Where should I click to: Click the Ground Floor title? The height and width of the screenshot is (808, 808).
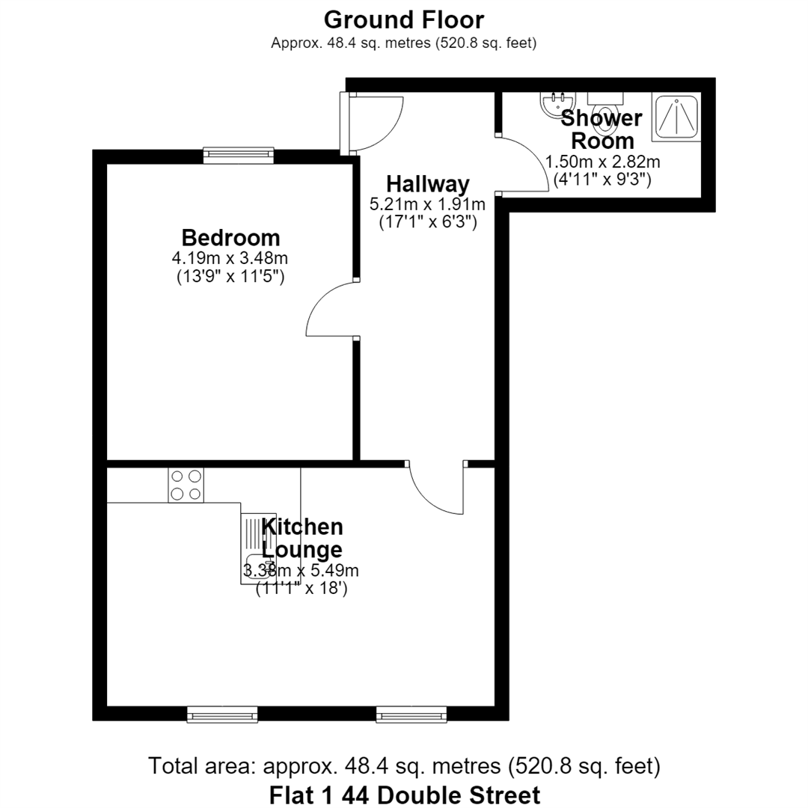click(x=404, y=21)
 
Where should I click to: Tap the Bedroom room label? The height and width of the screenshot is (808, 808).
click(x=231, y=238)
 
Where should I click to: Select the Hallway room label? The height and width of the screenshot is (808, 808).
click(x=428, y=184)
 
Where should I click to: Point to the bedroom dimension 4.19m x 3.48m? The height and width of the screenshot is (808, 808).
click(x=230, y=257)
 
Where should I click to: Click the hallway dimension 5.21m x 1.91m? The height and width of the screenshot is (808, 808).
click(x=427, y=204)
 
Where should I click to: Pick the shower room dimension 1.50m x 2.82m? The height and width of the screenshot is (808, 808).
click(x=602, y=162)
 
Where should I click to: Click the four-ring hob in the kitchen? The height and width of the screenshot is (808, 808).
click(x=186, y=485)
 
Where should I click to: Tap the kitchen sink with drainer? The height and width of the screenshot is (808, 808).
click(x=256, y=549)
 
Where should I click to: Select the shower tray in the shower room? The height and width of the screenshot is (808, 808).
click(x=676, y=117)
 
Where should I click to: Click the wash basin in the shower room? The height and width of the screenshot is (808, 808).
click(x=554, y=105)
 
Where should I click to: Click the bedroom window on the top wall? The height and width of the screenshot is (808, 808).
click(x=238, y=155)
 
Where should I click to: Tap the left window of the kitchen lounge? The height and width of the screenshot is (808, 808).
click(x=222, y=714)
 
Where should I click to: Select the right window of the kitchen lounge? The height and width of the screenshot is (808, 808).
click(x=411, y=714)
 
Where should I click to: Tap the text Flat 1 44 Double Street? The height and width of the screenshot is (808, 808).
click(x=405, y=795)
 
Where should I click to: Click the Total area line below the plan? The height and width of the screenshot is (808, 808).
click(x=404, y=766)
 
